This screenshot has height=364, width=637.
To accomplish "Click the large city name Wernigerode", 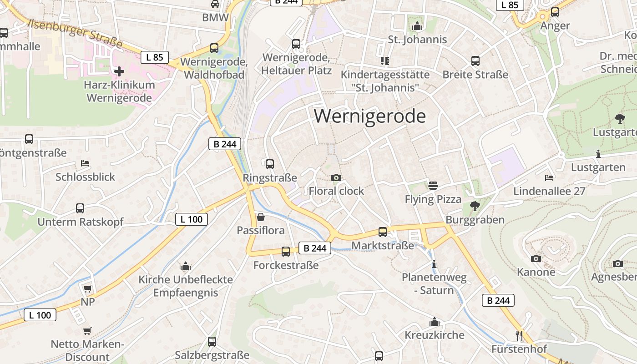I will tap(369, 116).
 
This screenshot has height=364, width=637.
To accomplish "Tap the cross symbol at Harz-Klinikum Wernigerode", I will tap(119, 71).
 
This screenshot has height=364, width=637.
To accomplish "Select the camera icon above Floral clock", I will tap(336, 178).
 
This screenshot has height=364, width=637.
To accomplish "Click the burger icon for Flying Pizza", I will tap(433, 186).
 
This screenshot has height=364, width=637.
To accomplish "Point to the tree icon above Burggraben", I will tap(475, 206).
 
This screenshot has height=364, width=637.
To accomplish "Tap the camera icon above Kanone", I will tap(536, 258).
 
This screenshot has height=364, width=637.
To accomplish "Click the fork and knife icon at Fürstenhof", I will tap(519, 336).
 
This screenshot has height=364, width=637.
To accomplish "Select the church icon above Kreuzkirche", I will tap(435, 322).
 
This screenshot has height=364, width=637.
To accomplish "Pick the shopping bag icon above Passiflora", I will tap(261, 217).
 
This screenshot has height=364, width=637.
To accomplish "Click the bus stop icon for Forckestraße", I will tap(286, 251).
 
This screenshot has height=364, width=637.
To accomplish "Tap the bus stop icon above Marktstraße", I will tap(383, 232).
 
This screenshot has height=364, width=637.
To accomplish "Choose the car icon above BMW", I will tap(215, 4).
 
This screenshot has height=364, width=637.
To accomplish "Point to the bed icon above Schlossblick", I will tap(85, 163).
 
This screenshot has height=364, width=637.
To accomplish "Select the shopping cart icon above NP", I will tap(87, 288).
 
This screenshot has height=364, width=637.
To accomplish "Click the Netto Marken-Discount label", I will tap(87, 350).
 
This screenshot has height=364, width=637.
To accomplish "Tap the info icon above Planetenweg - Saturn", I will tap(434, 264).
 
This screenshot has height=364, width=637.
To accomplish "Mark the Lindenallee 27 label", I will tap(549, 191).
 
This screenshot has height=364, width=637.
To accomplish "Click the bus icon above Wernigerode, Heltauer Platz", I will tap(296, 44).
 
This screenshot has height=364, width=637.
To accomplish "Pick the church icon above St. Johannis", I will tap(417, 26).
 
